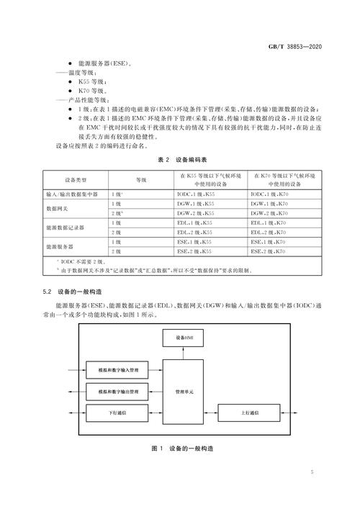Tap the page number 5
click(x=312, y=472)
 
